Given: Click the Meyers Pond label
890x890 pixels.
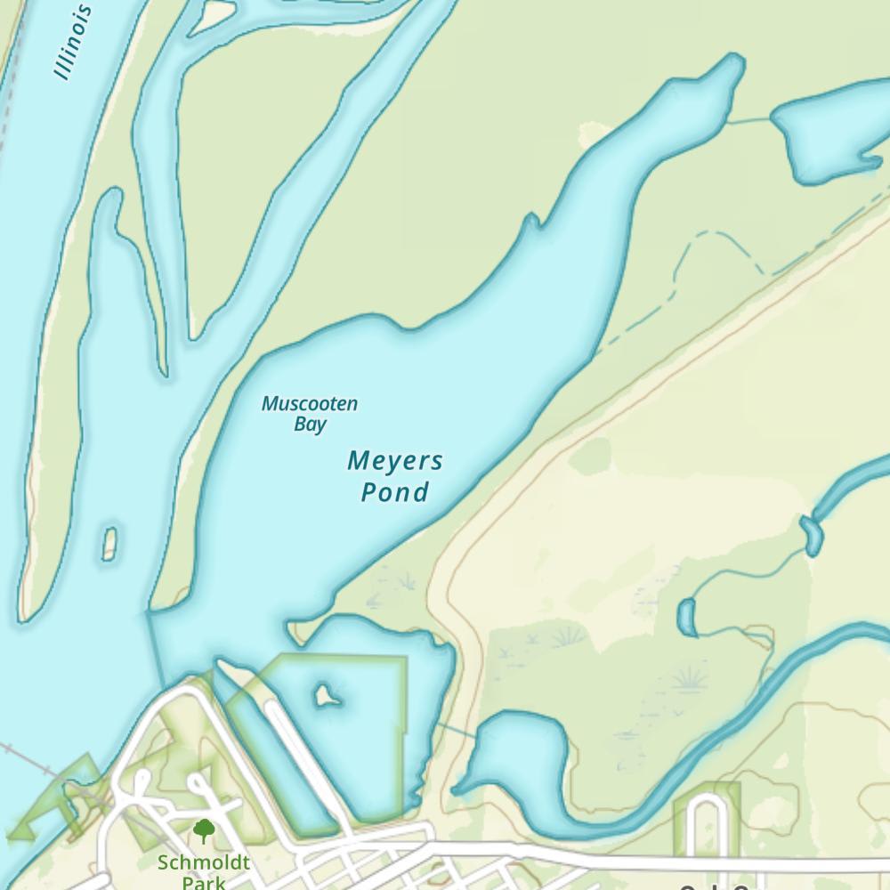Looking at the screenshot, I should [394, 476].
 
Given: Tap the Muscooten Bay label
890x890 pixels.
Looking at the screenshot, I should [309, 414].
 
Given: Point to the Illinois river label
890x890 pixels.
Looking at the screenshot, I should [74, 42].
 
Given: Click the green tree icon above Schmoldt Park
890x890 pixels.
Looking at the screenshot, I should [204, 831].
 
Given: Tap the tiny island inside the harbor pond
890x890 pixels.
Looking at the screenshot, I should [327, 694].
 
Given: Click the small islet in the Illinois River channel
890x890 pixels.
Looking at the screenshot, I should [109, 544].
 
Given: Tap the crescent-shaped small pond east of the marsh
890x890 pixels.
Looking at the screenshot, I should [686, 618].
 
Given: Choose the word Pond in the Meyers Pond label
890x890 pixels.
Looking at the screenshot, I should [394, 492].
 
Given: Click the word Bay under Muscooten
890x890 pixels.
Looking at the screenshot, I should [310, 425].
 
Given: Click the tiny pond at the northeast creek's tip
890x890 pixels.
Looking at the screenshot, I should [812, 534].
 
